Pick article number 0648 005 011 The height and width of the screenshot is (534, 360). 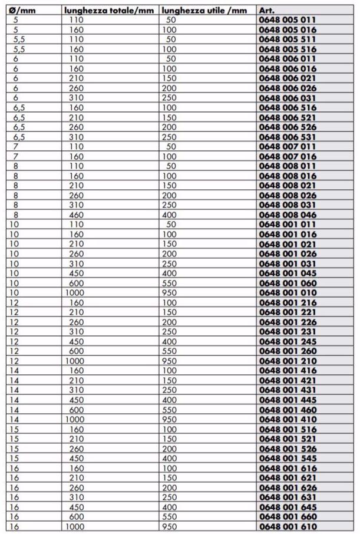click(288, 20)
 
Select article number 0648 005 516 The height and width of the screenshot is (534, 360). click(288, 49)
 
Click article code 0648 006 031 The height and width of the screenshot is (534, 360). click(288, 98)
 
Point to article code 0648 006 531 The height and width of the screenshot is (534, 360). click(288, 137)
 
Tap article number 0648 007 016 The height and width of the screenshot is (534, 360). click(288, 156)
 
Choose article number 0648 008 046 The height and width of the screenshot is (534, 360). click(288, 215)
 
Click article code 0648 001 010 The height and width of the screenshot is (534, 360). click(288, 292)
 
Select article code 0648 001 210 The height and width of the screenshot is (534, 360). click(288, 361)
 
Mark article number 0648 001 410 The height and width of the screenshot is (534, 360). click(288, 419)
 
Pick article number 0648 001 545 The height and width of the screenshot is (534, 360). click(288, 458)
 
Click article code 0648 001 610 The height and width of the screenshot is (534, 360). click(288, 526)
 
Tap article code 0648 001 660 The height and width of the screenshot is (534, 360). click(288, 516)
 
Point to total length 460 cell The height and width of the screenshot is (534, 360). click(77, 215)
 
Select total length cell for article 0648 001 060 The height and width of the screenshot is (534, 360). click(77, 283)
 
